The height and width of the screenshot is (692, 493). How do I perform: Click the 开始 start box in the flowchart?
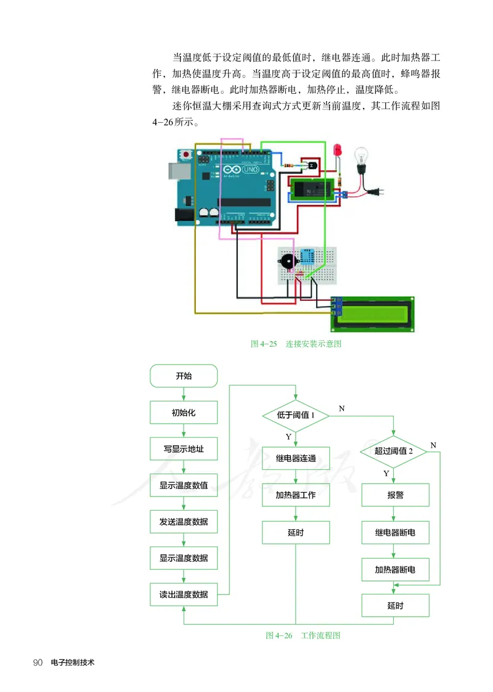(x=184, y=375)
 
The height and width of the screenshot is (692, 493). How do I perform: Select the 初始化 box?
(x=184, y=412)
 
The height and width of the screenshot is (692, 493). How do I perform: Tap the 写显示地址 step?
(x=184, y=449)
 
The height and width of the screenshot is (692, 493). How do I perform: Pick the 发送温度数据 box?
(x=184, y=522)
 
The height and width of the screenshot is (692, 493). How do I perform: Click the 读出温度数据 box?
(x=184, y=595)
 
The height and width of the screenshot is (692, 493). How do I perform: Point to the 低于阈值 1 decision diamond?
(x=296, y=415)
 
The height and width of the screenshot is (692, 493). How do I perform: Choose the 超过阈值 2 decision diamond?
(x=393, y=451)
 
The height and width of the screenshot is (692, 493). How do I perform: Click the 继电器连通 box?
(x=296, y=458)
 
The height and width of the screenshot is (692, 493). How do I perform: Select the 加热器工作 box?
(x=296, y=495)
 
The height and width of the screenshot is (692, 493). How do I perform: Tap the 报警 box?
(x=395, y=495)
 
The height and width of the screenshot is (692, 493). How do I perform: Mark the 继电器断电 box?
(x=395, y=532)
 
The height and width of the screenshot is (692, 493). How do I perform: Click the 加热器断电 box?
(x=395, y=569)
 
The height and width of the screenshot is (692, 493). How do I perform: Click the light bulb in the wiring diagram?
(x=360, y=160)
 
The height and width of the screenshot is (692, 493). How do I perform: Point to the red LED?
(x=336, y=150)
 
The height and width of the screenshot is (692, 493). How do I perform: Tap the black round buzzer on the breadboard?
(x=287, y=262)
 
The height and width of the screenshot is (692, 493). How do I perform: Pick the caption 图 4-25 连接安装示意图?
(x=296, y=344)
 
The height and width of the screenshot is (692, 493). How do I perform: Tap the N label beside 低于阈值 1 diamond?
(x=342, y=408)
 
